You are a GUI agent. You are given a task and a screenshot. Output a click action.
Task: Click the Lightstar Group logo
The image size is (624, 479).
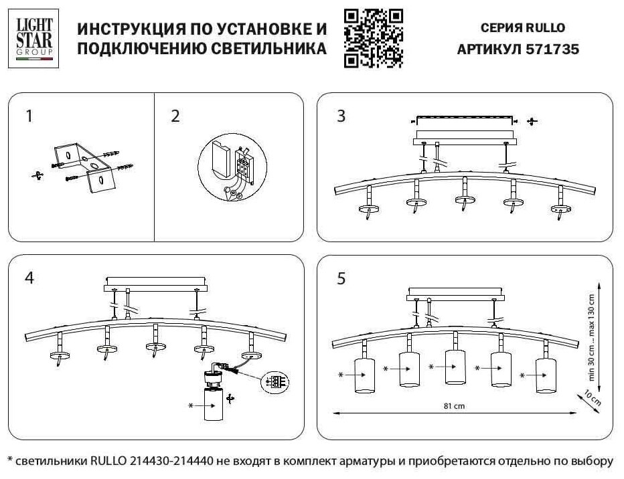33,38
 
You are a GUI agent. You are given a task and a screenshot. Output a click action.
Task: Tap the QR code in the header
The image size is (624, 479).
373,38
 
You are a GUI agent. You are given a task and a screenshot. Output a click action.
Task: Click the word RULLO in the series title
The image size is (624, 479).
546,28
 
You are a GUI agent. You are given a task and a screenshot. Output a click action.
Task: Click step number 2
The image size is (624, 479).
175,116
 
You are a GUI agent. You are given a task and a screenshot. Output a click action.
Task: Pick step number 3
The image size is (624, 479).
341,116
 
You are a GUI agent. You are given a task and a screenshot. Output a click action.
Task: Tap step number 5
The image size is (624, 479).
341,278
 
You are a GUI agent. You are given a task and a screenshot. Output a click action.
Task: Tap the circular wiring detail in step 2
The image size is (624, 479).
230,168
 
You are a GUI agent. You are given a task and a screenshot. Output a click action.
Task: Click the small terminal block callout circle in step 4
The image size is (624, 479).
275,382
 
